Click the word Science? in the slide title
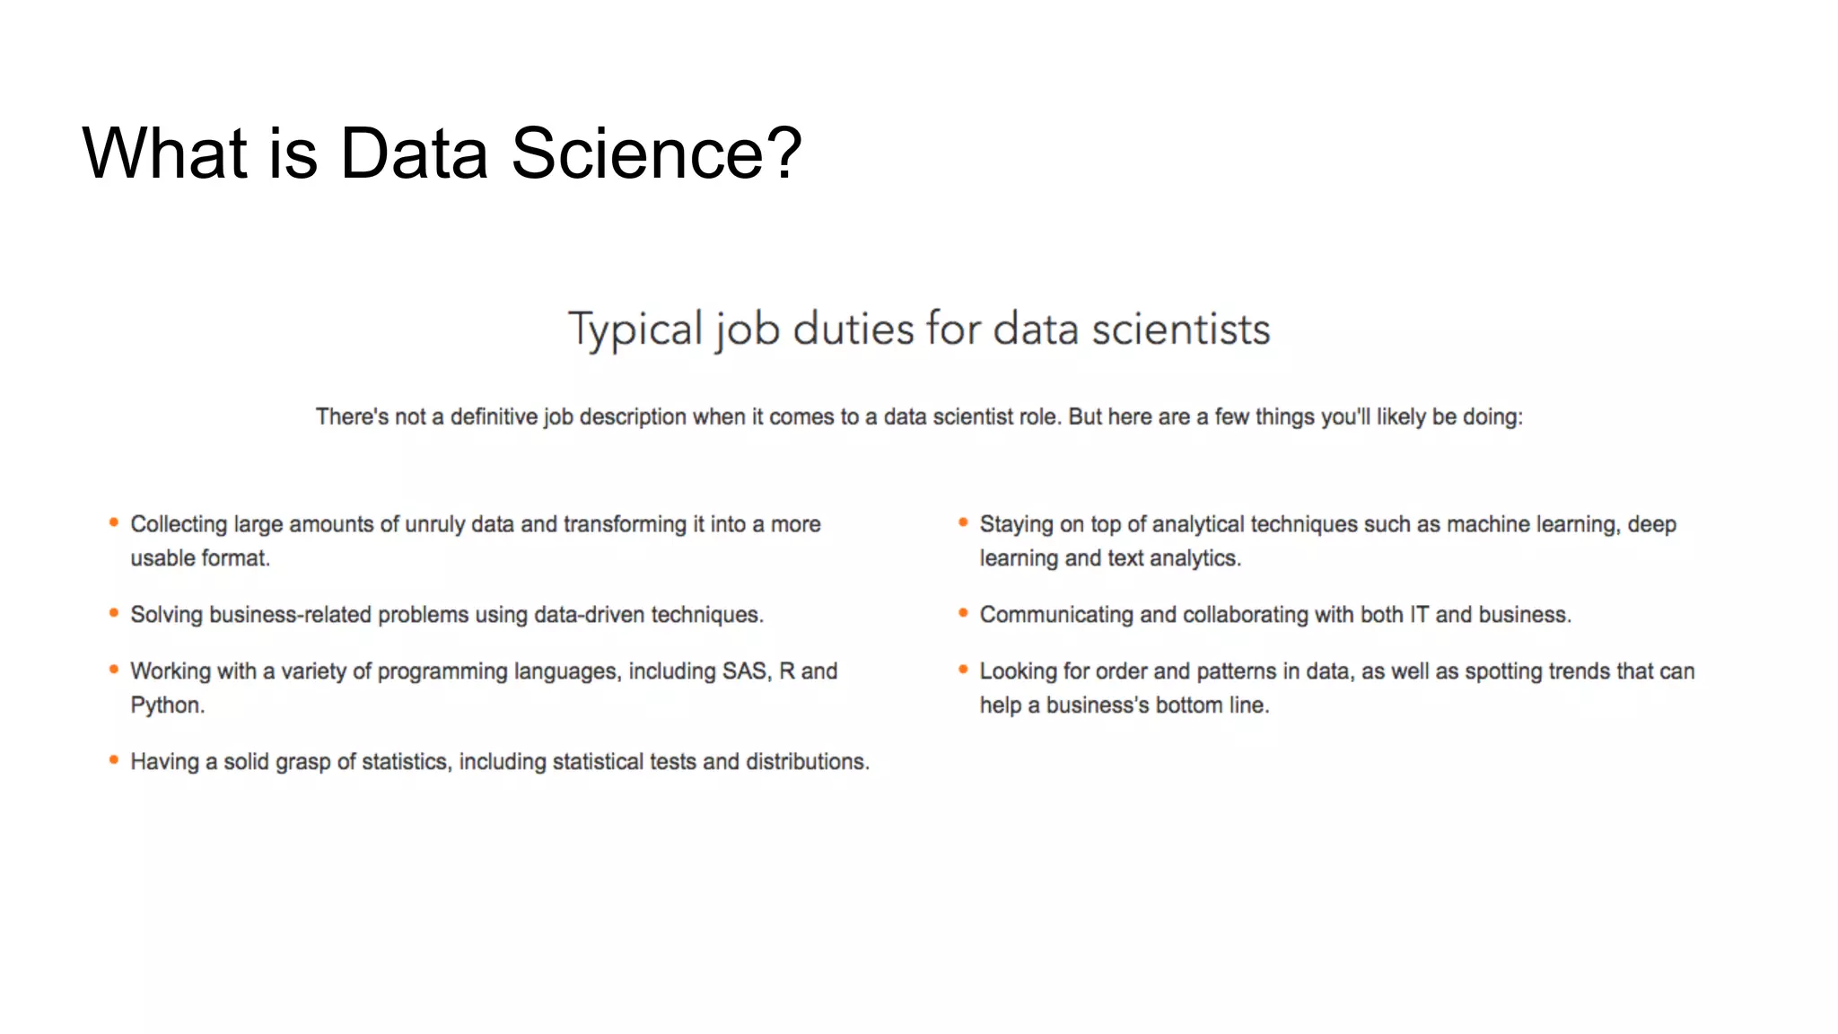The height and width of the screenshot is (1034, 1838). click(656, 153)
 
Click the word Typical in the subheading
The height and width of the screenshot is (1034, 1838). click(635, 329)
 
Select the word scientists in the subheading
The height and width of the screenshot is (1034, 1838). click(1180, 329)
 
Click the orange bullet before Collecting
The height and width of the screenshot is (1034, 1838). click(114, 522)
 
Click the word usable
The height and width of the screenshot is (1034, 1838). click(162, 558)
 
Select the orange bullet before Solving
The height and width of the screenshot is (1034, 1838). click(114, 613)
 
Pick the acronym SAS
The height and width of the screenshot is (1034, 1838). click(746, 671)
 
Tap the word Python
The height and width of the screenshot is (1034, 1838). click(166, 705)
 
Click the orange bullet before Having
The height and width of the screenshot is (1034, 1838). click(114, 760)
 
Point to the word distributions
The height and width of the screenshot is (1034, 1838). click(807, 762)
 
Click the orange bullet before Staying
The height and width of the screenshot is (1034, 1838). click(963, 522)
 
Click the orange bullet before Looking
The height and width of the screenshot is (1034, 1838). click(963, 670)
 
